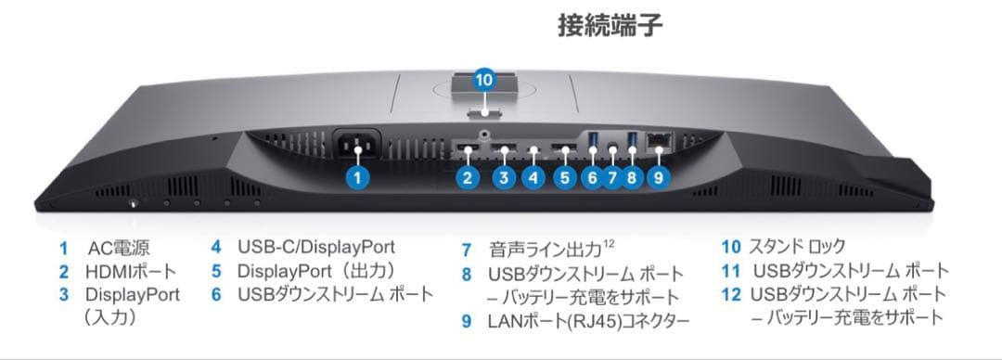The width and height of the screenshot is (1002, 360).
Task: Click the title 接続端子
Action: click(x=610, y=25)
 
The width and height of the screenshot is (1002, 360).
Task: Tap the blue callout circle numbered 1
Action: click(x=361, y=177)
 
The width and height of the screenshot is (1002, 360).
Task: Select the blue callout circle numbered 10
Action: click(x=484, y=80)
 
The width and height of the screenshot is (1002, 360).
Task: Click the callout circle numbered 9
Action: click(x=658, y=177)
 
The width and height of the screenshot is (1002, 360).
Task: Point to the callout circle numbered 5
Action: click(x=563, y=177)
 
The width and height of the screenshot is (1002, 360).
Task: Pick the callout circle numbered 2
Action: click(x=469, y=177)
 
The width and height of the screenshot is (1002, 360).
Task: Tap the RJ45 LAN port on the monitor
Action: click(x=661, y=142)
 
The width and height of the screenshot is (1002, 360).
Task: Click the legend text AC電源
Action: click(x=119, y=249)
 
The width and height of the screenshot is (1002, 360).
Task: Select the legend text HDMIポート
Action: click(x=130, y=272)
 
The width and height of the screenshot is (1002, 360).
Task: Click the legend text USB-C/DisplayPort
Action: click(x=316, y=247)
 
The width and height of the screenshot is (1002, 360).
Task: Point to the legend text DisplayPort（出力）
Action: click(x=316, y=271)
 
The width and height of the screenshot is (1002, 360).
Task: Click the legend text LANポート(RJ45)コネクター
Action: click(x=588, y=321)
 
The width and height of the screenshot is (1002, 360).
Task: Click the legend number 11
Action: click(x=730, y=271)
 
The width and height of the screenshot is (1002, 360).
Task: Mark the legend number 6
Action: click(x=216, y=294)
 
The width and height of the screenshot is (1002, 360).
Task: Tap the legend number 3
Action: click(x=63, y=295)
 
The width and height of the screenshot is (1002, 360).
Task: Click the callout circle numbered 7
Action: click(x=610, y=177)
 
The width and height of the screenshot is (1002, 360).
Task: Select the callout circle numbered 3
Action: click(x=503, y=177)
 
